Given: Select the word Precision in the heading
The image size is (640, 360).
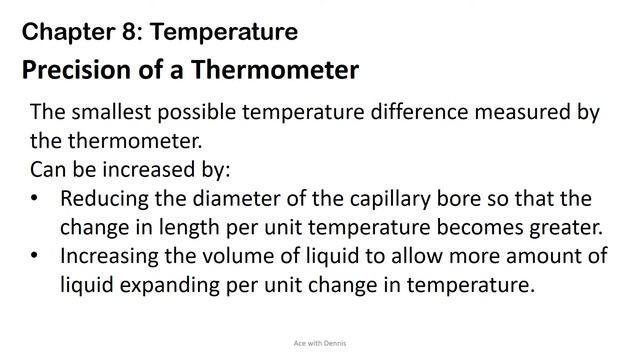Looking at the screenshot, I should [75, 72].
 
